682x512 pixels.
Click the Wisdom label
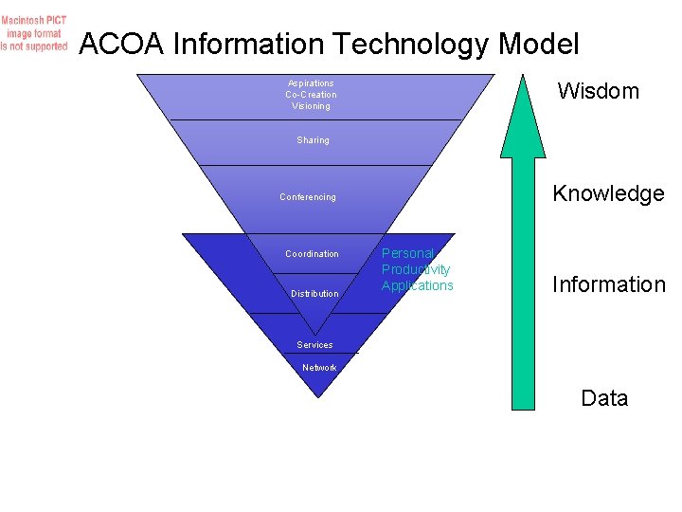tap(598, 91)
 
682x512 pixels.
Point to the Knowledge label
tap(608, 193)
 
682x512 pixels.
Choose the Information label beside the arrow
tap(609, 284)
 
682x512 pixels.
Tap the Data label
tap(604, 398)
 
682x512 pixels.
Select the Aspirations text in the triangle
tap(311, 83)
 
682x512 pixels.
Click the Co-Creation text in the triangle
tap(311, 95)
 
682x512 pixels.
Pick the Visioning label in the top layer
tap(311, 106)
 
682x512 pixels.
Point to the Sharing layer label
tap(313, 140)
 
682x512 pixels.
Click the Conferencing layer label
tap(308, 197)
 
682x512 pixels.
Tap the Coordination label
tap(312, 254)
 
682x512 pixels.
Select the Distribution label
tap(314, 294)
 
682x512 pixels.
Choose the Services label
tap(314, 345)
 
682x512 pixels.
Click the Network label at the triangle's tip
tap(319, 368)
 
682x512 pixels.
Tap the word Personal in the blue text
tap(407, 253)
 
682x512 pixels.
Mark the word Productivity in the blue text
tap(416, 269)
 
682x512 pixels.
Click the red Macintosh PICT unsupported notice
tap(34, 33)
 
